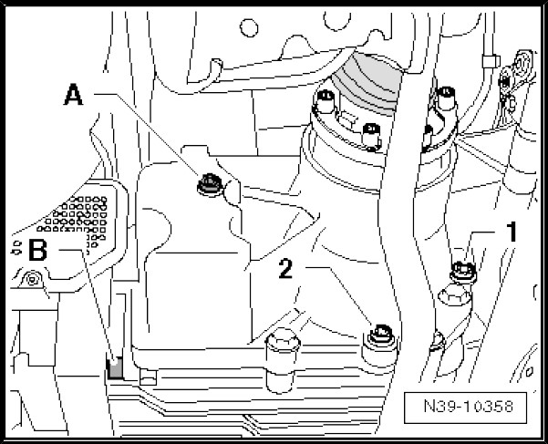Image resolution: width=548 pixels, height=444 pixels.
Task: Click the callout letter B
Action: click(x=36, y=251)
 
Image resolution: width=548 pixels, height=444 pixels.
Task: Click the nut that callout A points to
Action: click(x=207, y=185)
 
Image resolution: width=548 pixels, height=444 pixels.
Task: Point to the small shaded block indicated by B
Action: click(x=115, y=368)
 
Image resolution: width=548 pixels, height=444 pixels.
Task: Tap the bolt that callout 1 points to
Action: click(x=460, y=269)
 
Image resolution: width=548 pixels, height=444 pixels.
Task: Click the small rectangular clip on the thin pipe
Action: click(x=489, y=62)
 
